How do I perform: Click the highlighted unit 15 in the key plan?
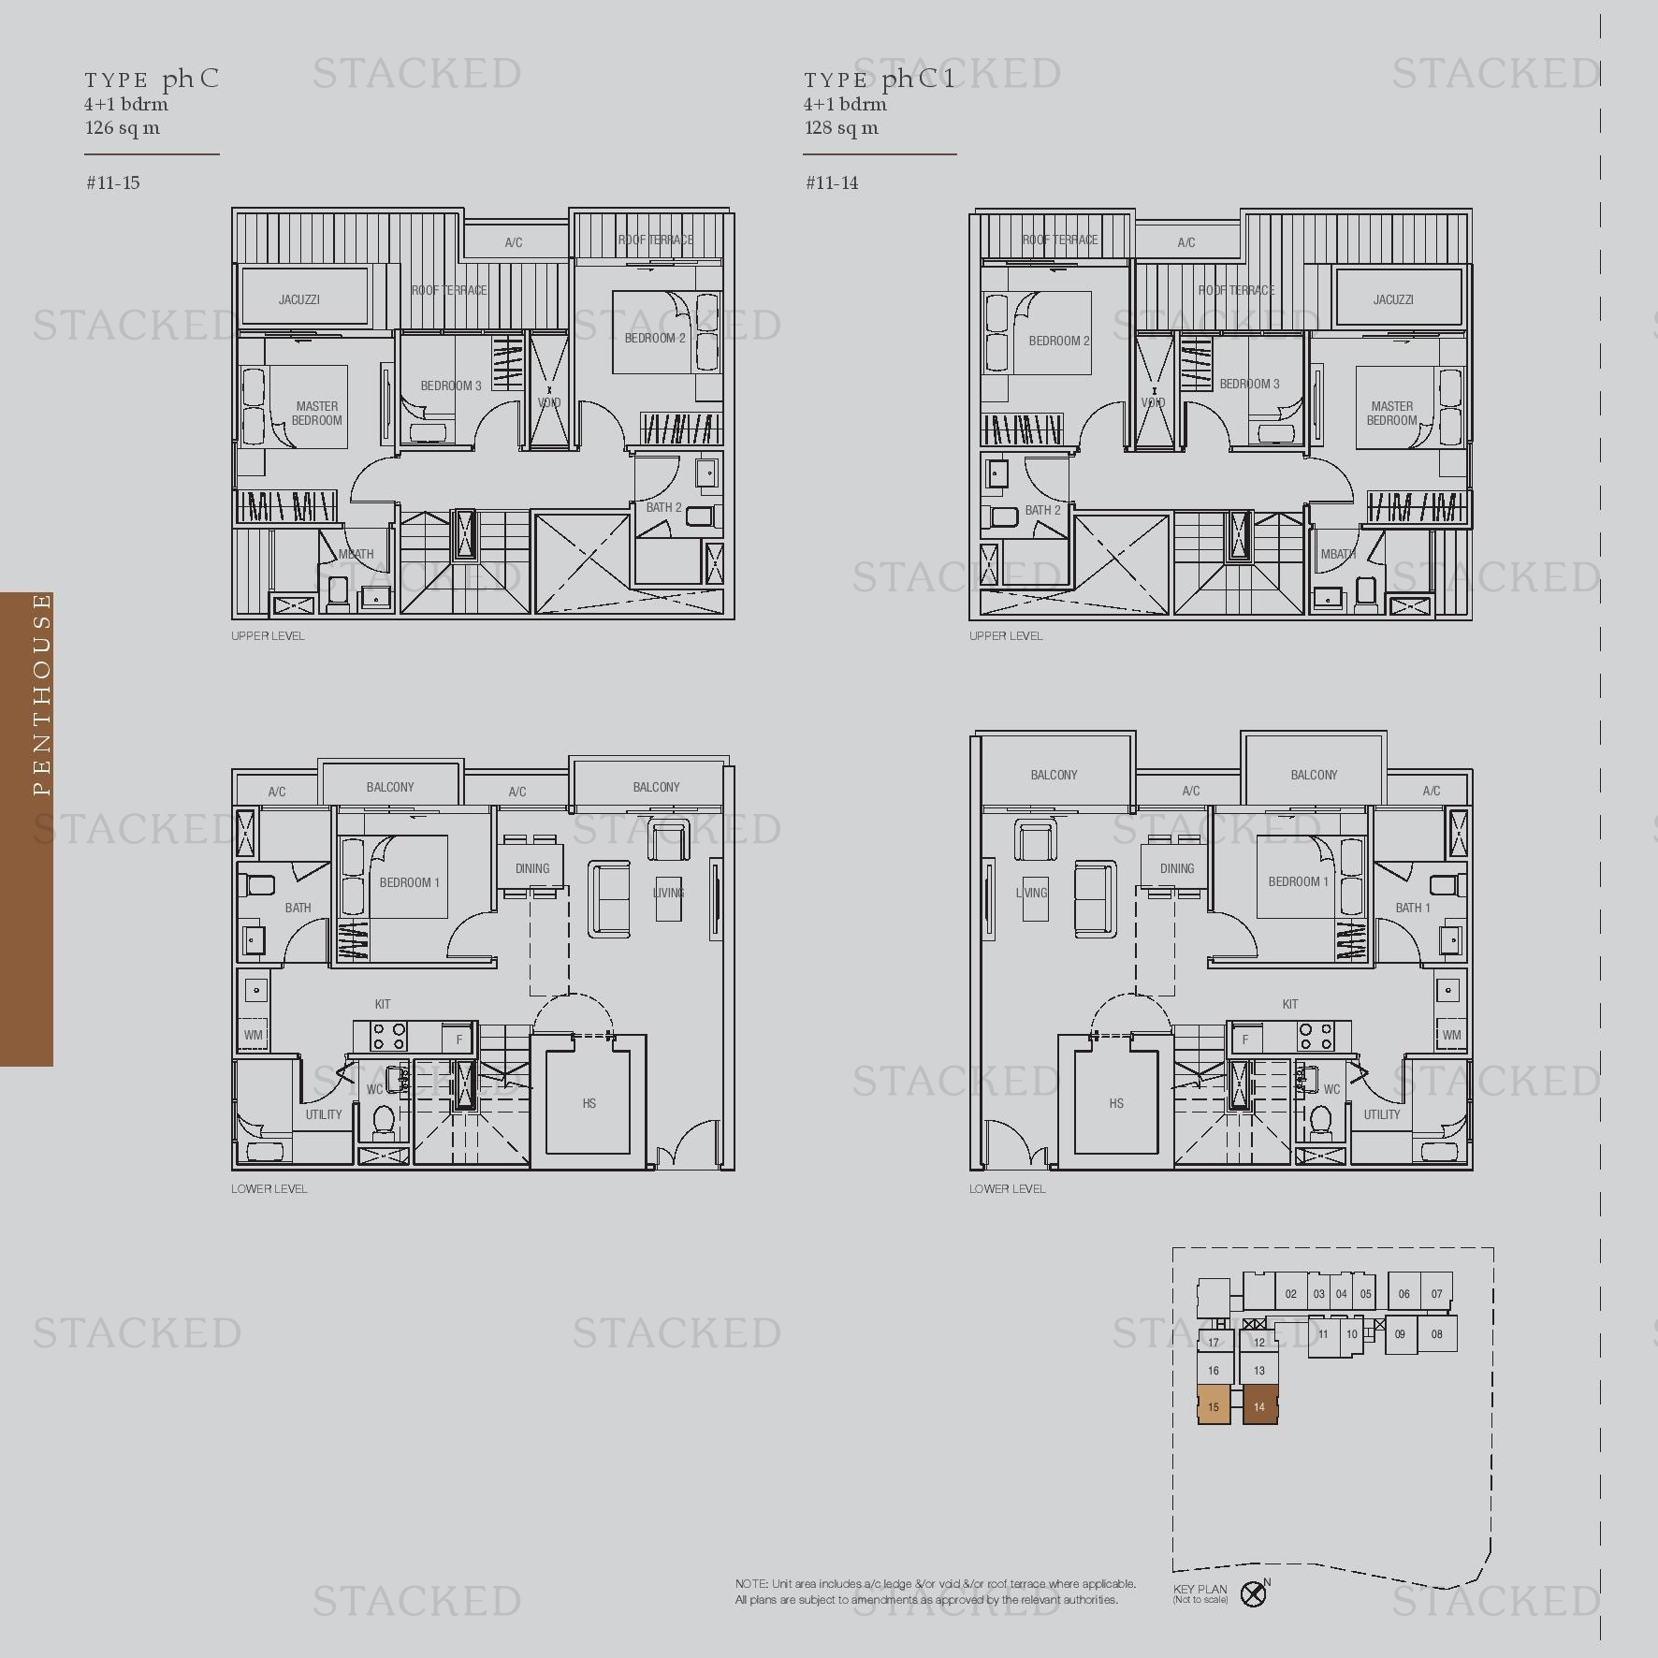tap(1214, 1406)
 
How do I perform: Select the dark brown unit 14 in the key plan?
tap(1259, 1406)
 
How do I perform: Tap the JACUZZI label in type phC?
tap(299, 299)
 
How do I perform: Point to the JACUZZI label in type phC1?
tap(1393, 299)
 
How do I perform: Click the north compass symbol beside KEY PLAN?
tap(1253, 1593)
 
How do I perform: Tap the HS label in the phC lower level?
tap(589, 1103)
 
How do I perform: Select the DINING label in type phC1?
tap(1177, 868)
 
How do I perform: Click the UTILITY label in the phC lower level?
tap(324, 1114)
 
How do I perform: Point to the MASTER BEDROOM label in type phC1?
tap(1392, 413)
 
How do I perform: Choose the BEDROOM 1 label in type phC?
tap(410, 882)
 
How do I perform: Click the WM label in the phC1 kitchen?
tap(1451, 1035)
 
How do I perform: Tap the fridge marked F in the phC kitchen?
tap(459, 1040)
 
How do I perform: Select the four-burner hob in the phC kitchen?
tap(389, 1036)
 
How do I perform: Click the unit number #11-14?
tap(832, 182)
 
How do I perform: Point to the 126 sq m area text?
tap(123, 127)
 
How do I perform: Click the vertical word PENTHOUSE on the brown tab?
tap(41, 693)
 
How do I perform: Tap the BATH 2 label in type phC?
tap(663, 507)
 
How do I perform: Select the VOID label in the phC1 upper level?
tap(1153, 402)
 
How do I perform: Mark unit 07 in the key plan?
tap(1437, 1294)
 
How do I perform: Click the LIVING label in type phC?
tap(668, 893)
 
